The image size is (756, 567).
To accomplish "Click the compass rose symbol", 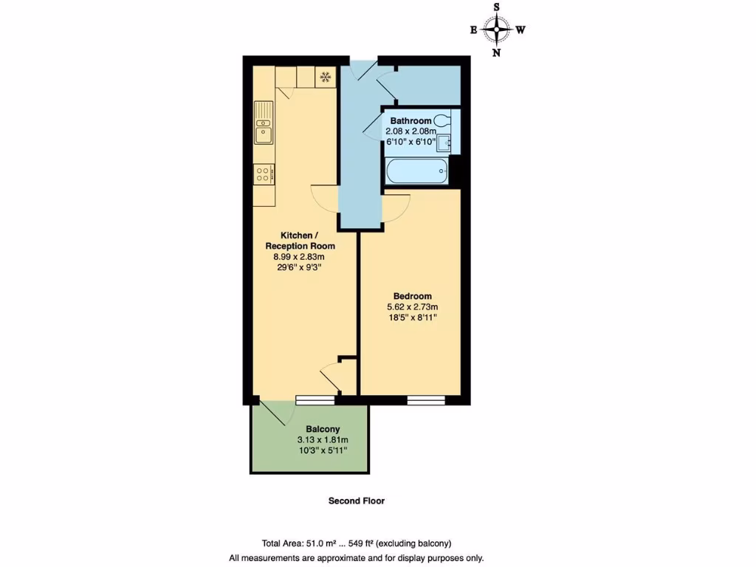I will tap(498, 30).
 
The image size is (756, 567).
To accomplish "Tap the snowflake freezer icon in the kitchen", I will tap(324, 76).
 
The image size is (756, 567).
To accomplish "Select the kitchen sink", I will tap(264, 123).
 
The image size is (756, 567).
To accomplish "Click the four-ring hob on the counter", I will tap(264, 173).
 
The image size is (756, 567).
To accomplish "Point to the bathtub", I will tap(416, 173).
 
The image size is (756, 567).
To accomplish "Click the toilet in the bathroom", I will tap(442, 120).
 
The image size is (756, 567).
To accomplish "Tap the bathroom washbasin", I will tap(443, 142).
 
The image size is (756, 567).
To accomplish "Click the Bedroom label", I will tap(412, 296).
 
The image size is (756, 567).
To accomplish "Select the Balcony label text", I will tap(323, 429).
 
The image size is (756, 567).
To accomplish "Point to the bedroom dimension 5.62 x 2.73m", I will tap(412, 307).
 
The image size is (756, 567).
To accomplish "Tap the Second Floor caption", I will tap(357, 501).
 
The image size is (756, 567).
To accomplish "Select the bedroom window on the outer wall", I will tap(426, 400).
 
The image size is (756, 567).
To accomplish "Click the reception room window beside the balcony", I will tap(315, 400).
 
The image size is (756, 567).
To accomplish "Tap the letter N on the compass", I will tap(497, 52).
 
